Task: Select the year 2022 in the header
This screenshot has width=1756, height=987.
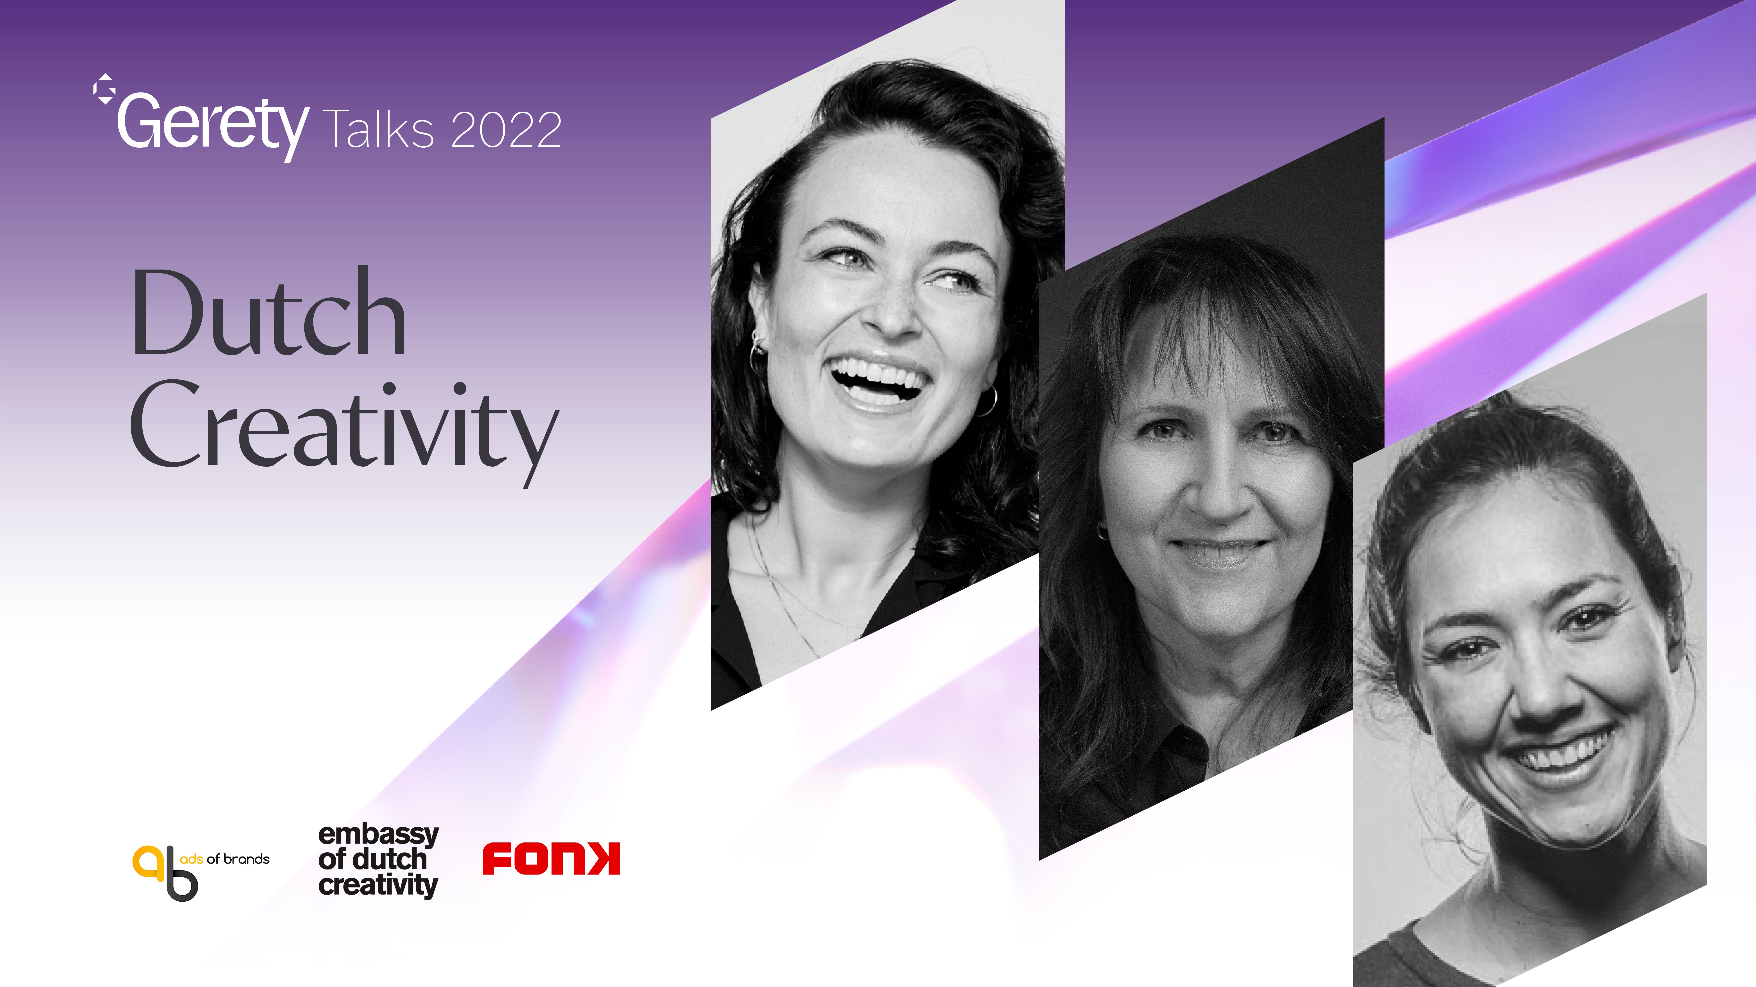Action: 506,130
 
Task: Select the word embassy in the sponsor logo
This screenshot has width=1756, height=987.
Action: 378,835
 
